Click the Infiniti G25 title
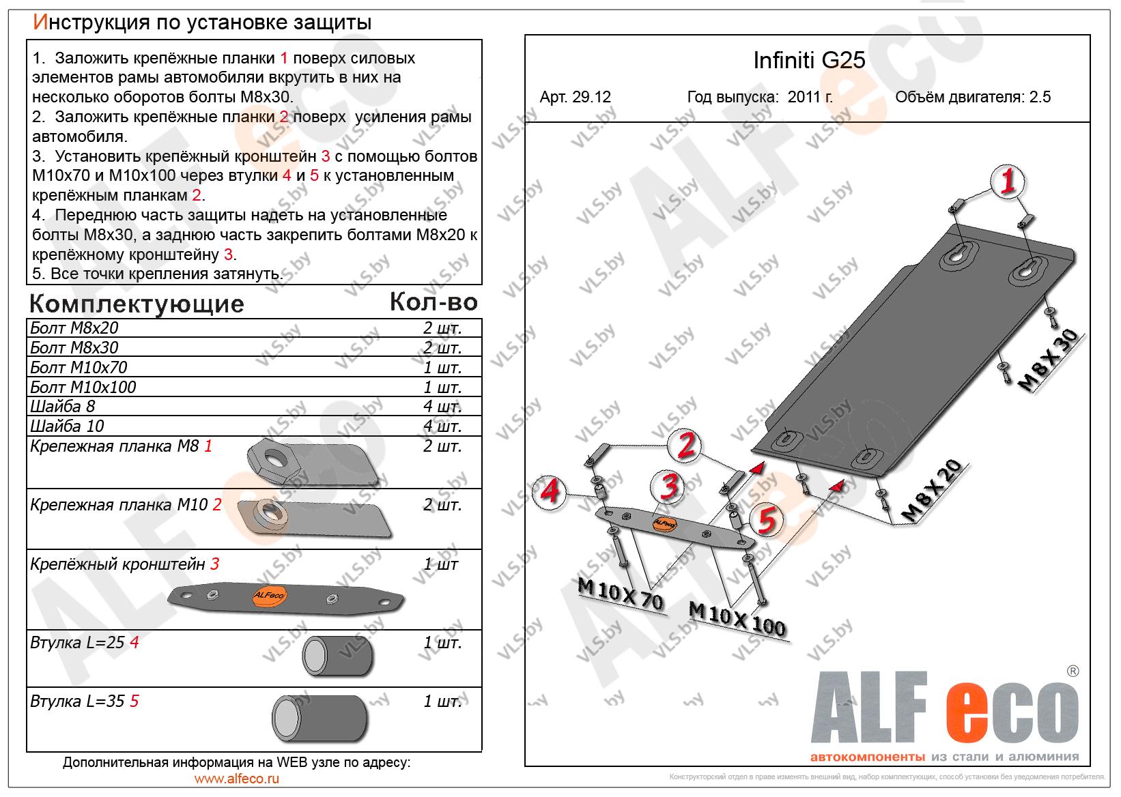pyautogui.click(x=809, y=60)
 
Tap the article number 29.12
pyautogui.click(x=591, y=97)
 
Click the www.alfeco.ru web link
pyautogui.click(x=237, y=779)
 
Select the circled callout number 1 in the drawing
pyautogui.click(x=1008, y=181)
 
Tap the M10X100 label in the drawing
pyautogui.click(x=737, y=619)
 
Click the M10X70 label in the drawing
pyautogui.click(x=621, y=593)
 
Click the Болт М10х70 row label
pyautogui.click(x=79, y=367)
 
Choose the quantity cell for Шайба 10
pyautogui.click(x=442, y=426)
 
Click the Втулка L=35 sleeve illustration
pyautogui.click(x=320, y=719)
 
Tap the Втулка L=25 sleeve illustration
pyautogui.click(x=337, y=656)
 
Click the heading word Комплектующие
pyautogui.click(x=137, y=304)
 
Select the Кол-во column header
pyautogui.click(x=434, y=302)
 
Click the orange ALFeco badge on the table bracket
pyautogui.click(x=269, y=596)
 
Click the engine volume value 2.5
pyautogui.click(x=1040, y=97)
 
